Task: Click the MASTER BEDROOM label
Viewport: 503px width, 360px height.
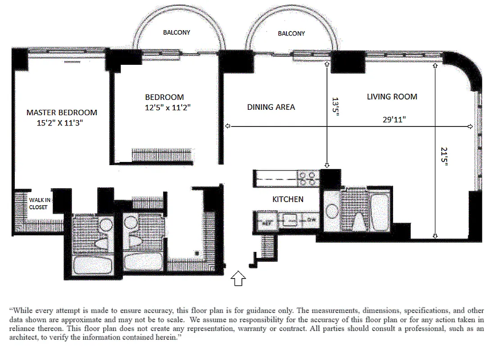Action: tap(62, 112)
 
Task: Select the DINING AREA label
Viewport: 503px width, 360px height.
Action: tap(271, 107)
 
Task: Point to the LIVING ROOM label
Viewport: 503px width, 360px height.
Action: tap(392, 97)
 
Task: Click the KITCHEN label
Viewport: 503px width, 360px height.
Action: tap(288, 199)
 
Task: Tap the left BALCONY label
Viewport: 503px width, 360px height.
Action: tap(177, 32)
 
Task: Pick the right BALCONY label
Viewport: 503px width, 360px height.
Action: tap(291, 33)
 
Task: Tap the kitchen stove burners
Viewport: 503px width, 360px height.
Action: tap(308, 179)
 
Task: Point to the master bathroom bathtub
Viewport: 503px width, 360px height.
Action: tap(92, 265)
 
